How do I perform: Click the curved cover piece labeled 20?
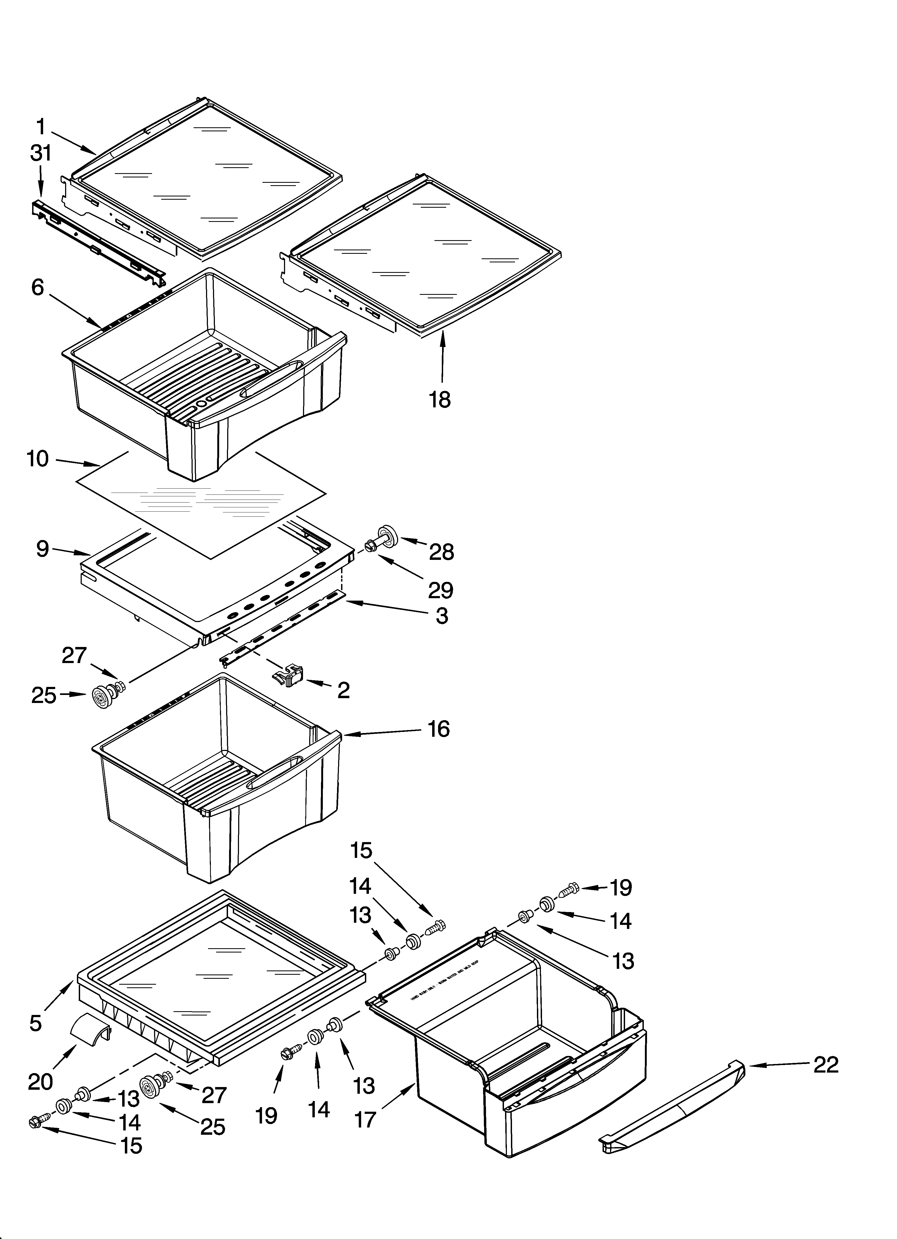[x=91, y=1028]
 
